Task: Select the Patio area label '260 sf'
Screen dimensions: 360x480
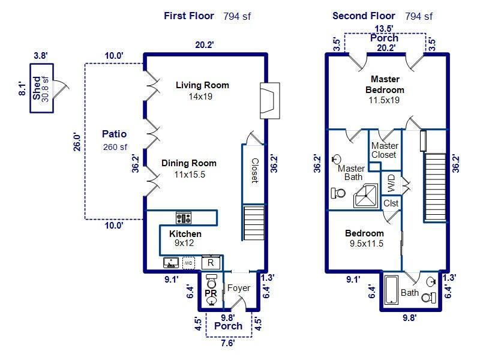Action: (x=114, y=147)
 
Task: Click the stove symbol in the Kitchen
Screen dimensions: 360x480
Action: (x=183, y=218)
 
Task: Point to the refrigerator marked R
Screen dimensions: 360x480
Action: (x=211, y=262)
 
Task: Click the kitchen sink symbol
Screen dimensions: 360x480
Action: (x=170, y=262)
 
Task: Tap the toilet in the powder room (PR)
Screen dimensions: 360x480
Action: (x=211, y=282)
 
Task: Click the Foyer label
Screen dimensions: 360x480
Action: (x=238, y=288)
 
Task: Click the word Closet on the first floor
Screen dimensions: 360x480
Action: (x=254, y=171)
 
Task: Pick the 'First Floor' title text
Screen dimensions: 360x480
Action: (x=188, y=16)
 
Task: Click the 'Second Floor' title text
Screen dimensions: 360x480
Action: (x=364, y=16)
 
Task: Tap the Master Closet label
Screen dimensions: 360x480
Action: (x=385, y=150)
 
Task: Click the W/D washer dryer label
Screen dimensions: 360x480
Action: (x=391, y=181)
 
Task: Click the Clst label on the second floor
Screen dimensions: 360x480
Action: (x=391, y=203)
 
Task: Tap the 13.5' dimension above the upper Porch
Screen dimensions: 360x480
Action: (x=384, y=28)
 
